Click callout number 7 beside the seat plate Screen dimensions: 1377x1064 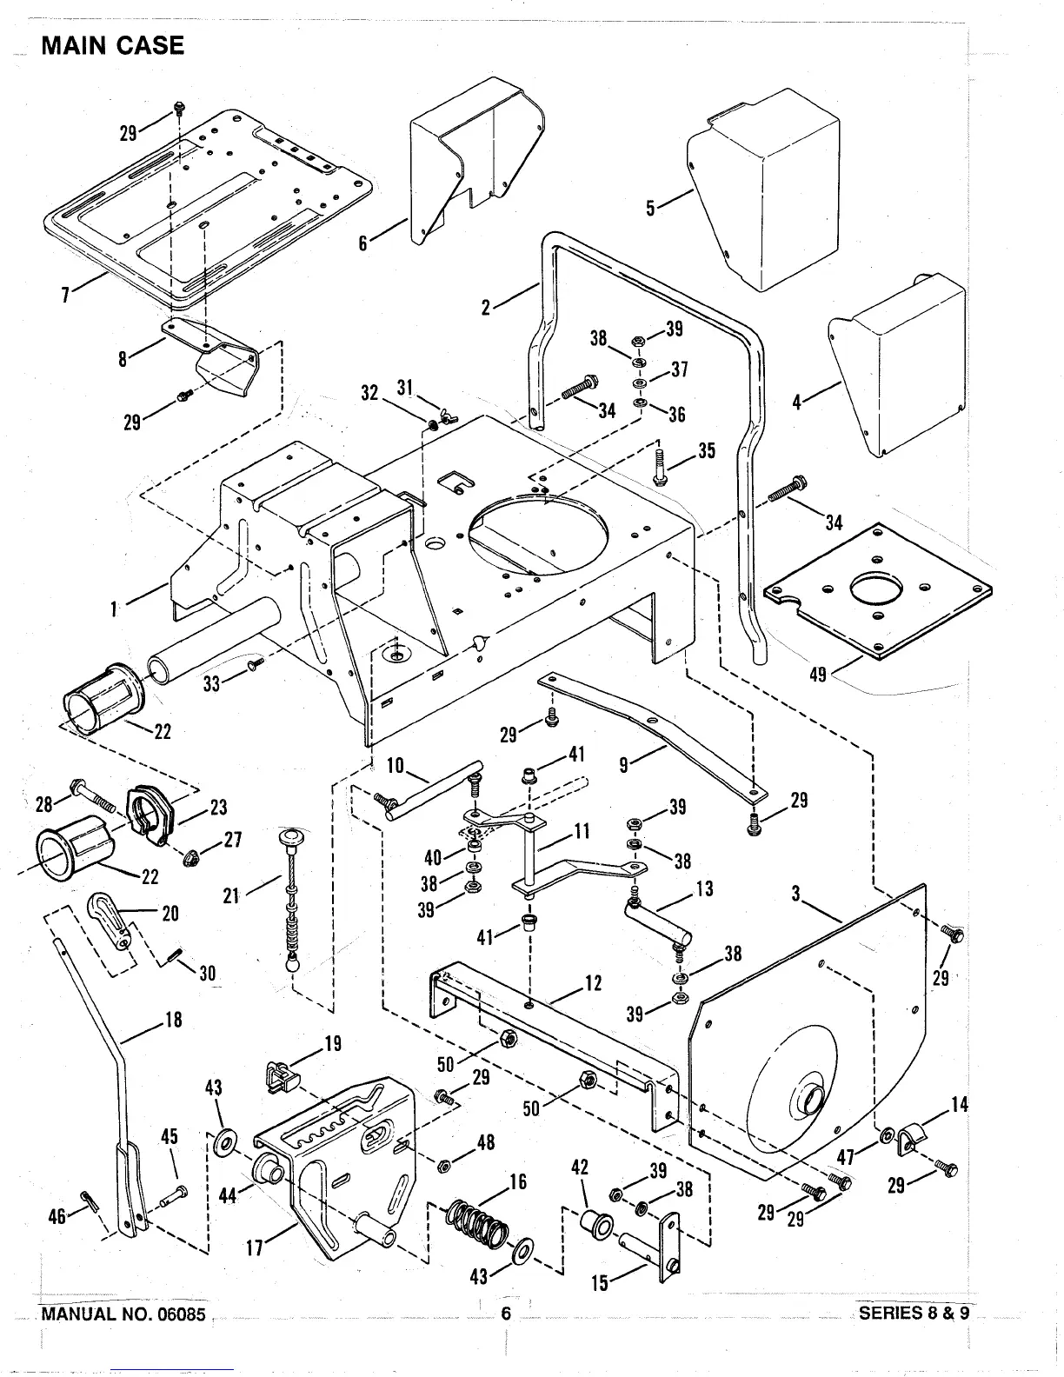pyautogui.click(x=65, y=295)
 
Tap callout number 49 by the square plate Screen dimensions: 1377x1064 pyautogui.click(x=818, y=673)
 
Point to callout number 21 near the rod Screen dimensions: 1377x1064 pyautogui.click(x=231, y=894)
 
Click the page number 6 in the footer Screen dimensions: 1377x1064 pyautogui.click(x=505, y=1314)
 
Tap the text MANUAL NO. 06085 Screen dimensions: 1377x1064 pyautogui.click(x=123, y=1314)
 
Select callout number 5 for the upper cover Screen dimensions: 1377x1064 pyautogui.click(x=650, y=210)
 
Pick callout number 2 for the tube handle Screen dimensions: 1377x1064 pyautogui.click(x=487, y=307)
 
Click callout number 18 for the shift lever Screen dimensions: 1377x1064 pyautogui.click(x=174, y=1020)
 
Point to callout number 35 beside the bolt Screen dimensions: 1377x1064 pyautogui.click(x=706, y=452)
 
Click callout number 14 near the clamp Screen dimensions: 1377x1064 pyautogui.click(x=959, y=1105)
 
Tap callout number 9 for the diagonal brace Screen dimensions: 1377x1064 pyautogui.click(x=623, y=766)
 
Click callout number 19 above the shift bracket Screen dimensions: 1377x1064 pyautogui.click(x=333, y=1044)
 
